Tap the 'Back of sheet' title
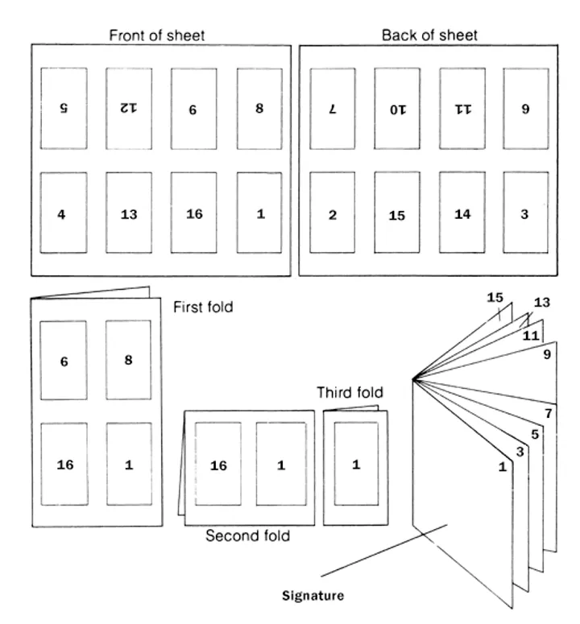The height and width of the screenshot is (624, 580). pyautogui.click(x=429, y=35)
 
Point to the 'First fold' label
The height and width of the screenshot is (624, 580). pyautogui.click(x=203, y=307)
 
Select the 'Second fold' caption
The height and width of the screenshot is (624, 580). pyautogui.click(x=248, y=535)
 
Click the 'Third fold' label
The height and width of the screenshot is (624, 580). pyautogui.click(x=349, y=393)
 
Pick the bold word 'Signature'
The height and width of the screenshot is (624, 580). pyautogui.click(x=313, y=597)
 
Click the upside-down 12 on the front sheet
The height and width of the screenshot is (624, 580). pyautogui.click(x=129, y=107)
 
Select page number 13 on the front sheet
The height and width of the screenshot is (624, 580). pyautogui.click(x=129, y=214)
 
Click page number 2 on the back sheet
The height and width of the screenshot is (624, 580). pyautogui.click(x=331, y=216)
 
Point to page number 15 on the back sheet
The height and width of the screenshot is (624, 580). pyautogui.click(x=396, y=216)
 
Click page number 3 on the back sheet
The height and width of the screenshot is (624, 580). pyautogui.click(x=526, y=216)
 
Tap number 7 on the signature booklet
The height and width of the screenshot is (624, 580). pyautogui.click(x=549, y=414)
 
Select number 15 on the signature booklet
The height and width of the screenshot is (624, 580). pyautogui.click(x=495, y=298)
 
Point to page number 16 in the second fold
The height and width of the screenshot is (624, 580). pyautogui.click(x=218, y=465)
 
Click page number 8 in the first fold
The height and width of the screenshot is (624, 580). pyautogui.click(x=129, y=360)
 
